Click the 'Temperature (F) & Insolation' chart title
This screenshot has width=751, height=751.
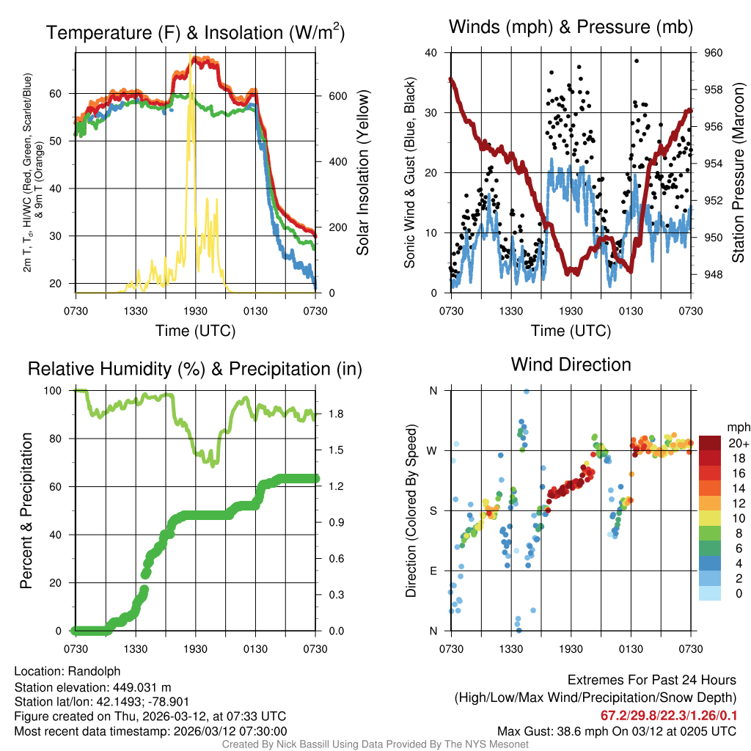[195, 32]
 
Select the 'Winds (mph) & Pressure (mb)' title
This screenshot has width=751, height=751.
[571, 28]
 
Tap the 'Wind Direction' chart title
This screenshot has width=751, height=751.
[571, 364]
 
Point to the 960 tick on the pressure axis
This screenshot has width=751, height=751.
[714, 53]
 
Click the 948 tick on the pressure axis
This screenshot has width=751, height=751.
[714, 274]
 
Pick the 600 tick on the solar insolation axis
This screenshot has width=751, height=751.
[337, 96]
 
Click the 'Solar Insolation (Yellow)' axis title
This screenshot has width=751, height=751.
[363, 172]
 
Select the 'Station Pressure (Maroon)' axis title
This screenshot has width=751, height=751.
[739, 172]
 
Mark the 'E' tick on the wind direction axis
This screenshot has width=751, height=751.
[433, 571]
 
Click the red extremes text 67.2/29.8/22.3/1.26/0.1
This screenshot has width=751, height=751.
[669, 716]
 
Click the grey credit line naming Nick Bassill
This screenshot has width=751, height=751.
[375, 744]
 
